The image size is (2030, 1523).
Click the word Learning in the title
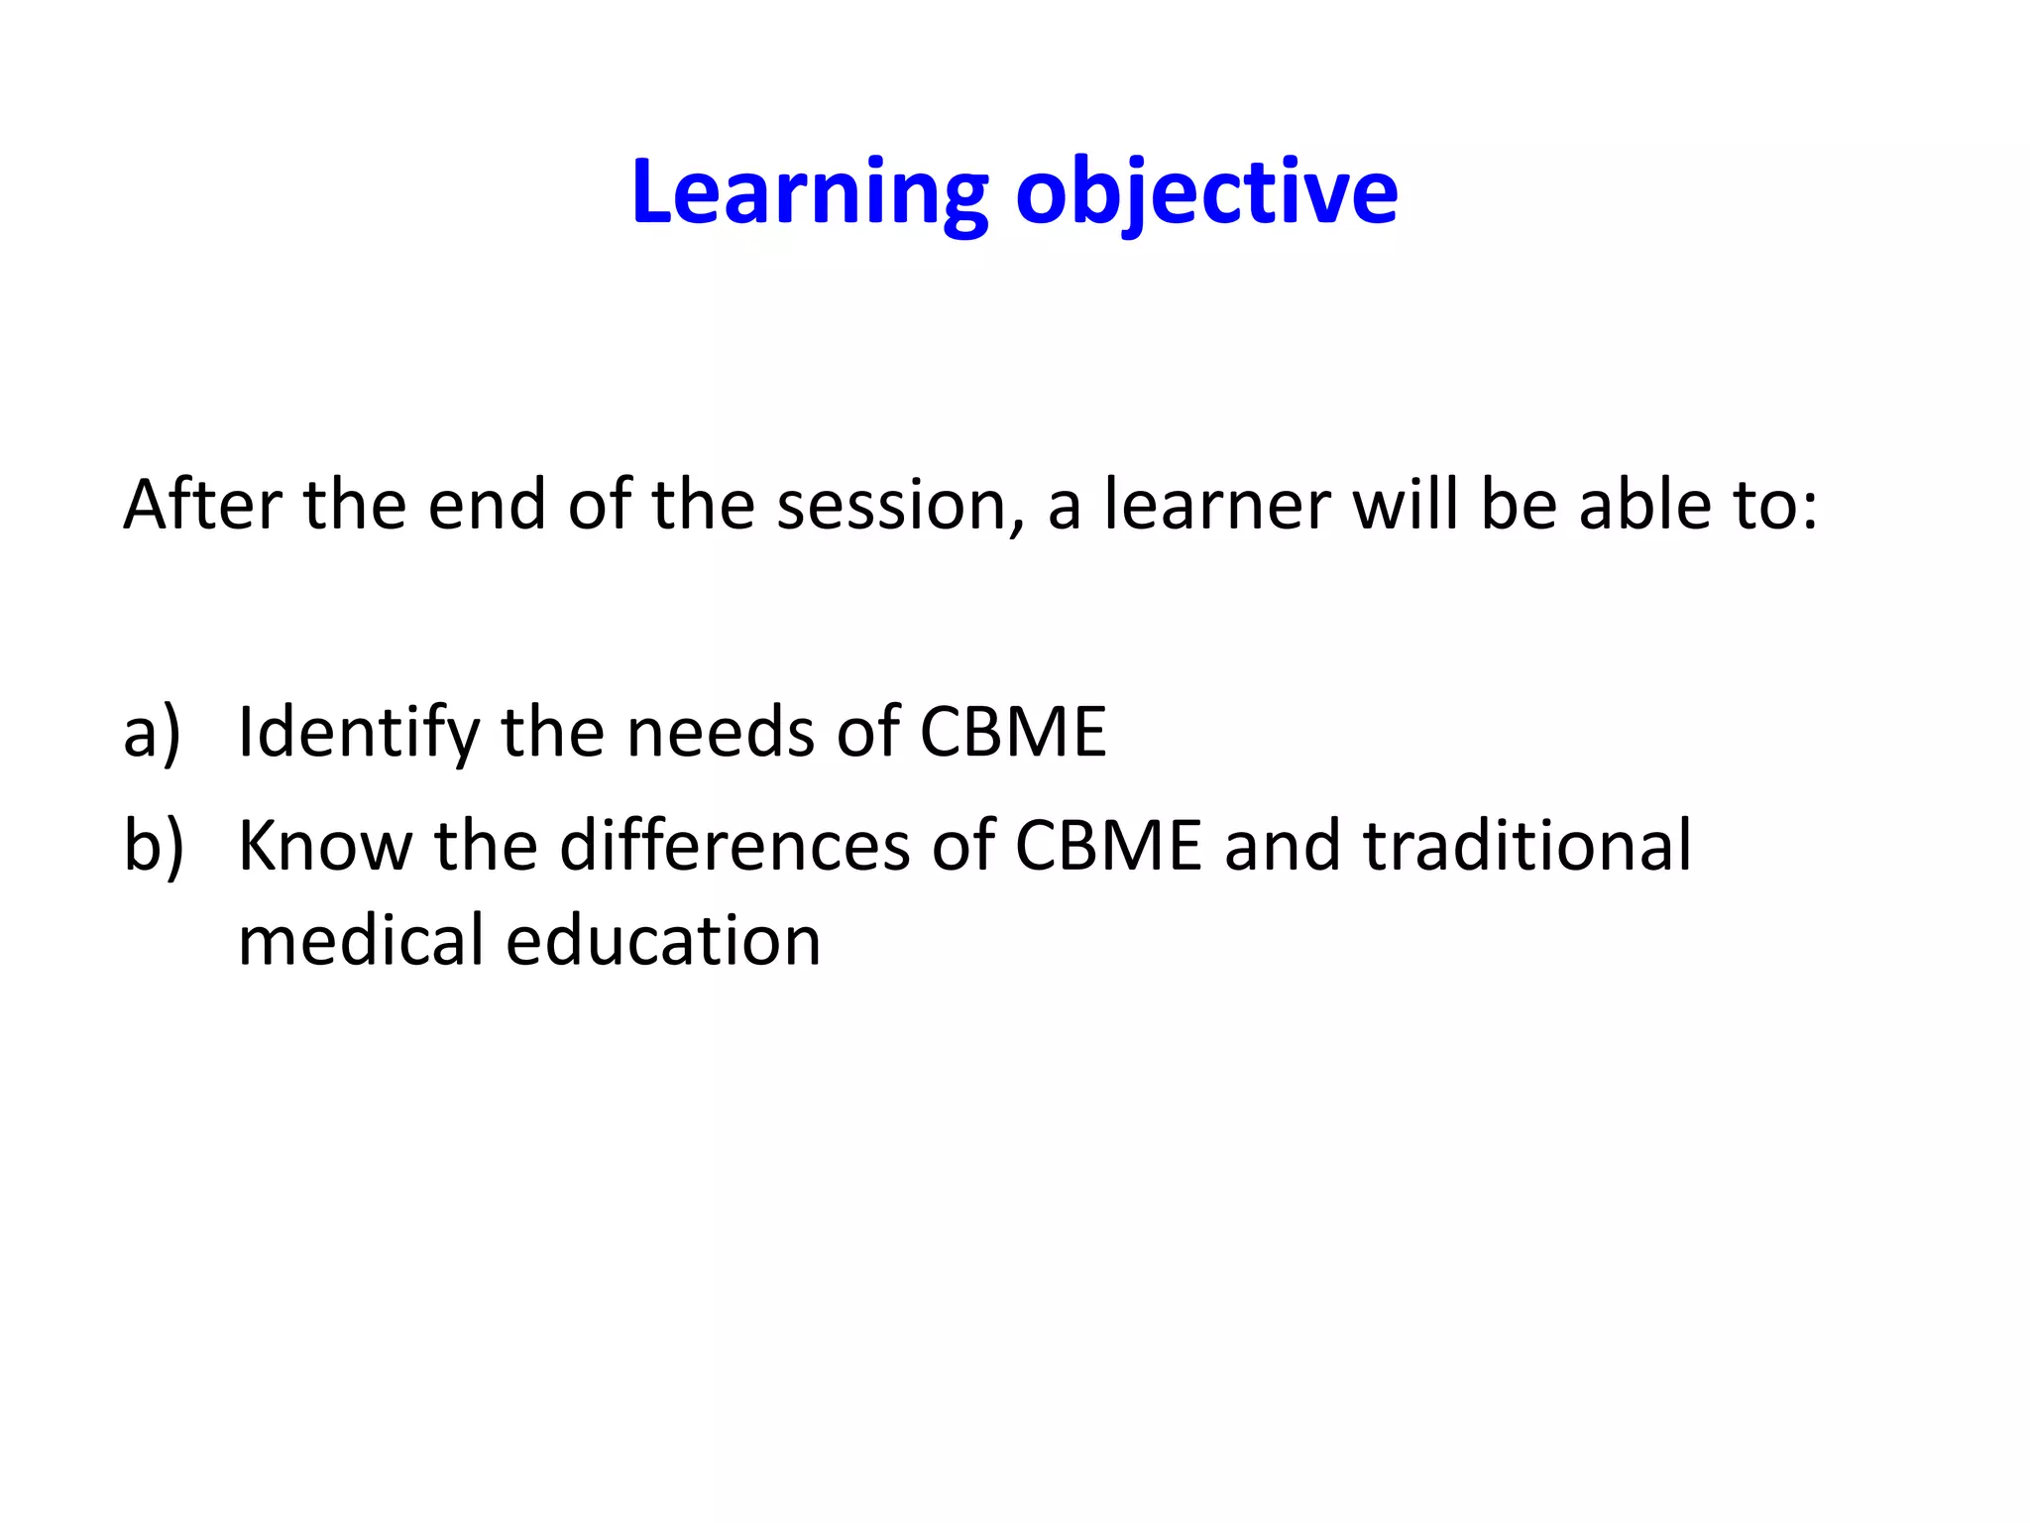tap(809, 192)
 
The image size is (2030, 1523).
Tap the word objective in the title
tap(1206, 192)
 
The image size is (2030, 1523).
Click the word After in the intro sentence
tap(202, 505)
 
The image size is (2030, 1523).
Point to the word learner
tap(1217, 505)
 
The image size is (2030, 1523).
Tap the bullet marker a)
tap(152, 733)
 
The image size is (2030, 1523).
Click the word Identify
tap(358, 733)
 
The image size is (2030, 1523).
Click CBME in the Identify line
tap(1012, 733)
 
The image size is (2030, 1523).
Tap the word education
tap(663, 940)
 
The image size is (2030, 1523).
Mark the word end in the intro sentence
tap(487, 505)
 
